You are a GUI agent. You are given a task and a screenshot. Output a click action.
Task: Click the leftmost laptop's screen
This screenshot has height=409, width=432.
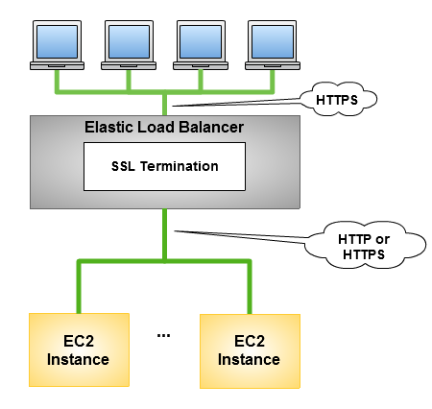(x=57, y=41)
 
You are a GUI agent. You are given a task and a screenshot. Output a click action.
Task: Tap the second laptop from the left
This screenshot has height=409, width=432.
(x=129, y=45)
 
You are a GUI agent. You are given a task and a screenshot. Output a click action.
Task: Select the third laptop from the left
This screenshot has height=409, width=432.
(x=201, y=45)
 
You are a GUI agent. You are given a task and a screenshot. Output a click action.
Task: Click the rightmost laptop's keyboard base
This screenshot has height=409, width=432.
(x=273, y=65)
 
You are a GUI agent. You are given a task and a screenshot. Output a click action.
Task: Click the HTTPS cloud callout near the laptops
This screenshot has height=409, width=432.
(x=338, y=99)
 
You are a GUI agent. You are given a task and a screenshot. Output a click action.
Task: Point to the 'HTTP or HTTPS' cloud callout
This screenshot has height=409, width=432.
(x=364, y=245)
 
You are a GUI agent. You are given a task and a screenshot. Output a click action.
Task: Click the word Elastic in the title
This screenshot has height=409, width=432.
(x=108, y=127)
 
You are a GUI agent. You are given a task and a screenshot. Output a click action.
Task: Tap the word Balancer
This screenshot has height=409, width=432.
(x=211, y=127)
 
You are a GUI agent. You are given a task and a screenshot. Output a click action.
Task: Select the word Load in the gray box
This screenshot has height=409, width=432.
(x=156, y=127)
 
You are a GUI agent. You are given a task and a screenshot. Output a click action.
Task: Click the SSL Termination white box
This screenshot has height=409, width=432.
(x=164, y=166)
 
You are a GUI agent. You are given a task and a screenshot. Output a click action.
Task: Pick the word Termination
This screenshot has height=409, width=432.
(x=180, y=166)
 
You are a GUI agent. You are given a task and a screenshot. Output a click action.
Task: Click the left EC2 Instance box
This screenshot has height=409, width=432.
(x=79, y=349)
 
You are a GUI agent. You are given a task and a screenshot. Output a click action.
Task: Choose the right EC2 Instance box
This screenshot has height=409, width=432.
(x=250, y=351)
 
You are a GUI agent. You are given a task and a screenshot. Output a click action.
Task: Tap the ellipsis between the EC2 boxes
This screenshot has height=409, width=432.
(x=163, y=335)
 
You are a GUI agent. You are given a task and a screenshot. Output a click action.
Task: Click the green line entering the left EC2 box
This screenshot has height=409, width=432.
(x=79, y=287)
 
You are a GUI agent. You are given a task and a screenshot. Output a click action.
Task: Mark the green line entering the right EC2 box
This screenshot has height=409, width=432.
(x=250, y=287)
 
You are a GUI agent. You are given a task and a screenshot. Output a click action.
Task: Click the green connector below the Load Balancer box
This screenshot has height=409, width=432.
(x=164, y=234)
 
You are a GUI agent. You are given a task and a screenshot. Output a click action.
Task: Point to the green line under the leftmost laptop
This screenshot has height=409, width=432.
(x=58, y=82)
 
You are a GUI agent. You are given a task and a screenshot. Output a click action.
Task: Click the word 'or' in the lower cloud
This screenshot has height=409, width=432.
(x=383, y=239)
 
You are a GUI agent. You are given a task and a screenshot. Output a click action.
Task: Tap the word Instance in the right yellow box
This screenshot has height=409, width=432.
(x=249, y=359)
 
